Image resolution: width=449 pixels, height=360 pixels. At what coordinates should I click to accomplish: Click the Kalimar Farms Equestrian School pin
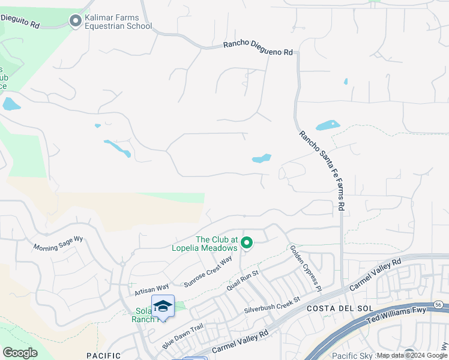click(76, 22)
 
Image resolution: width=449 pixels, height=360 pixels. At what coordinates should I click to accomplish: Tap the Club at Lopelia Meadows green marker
click(246, 243)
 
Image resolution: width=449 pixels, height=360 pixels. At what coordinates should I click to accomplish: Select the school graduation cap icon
click(163, 307)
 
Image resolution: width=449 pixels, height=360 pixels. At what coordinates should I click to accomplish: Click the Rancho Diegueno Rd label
click(258, 49)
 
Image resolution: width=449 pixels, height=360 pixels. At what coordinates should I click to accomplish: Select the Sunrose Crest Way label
click(208, 272)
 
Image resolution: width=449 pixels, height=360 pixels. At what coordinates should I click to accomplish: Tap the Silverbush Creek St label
click(271, 305)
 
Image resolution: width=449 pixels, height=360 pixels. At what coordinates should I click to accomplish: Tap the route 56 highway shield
click(439, 305)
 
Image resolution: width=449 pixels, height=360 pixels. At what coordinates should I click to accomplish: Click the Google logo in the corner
click(20, 353)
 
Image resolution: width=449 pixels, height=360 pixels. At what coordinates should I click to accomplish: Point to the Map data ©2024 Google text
click(412, 355)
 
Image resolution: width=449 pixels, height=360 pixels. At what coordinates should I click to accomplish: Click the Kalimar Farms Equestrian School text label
click(118, 22)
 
